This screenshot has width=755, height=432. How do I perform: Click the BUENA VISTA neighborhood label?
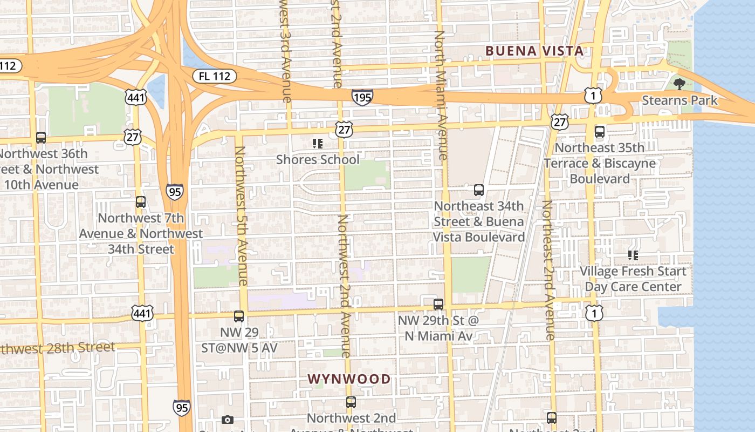534,51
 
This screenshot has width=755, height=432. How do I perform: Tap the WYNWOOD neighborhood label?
349,379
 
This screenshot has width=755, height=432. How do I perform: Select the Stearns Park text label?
679,100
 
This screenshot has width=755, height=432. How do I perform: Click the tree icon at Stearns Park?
679,84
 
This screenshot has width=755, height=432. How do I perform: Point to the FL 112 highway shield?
214,76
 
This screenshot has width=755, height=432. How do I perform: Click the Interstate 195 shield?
362,97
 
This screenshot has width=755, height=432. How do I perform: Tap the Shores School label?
317,160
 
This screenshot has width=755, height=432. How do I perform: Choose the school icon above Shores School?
317,144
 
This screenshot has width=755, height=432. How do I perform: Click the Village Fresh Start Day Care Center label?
633,279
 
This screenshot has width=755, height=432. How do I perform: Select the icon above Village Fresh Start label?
633,255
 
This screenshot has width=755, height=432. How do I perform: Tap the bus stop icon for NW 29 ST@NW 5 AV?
239,316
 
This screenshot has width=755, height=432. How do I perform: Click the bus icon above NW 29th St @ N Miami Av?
438,305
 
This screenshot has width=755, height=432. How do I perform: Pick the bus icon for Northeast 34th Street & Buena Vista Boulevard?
478,190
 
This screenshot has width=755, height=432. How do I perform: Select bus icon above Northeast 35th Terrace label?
599,132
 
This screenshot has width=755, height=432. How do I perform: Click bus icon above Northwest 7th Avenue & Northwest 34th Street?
141,202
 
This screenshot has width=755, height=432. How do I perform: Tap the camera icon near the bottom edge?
228,420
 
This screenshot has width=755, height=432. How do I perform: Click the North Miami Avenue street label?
441,94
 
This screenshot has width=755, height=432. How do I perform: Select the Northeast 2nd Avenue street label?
548,270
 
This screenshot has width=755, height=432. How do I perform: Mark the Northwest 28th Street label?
57,348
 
